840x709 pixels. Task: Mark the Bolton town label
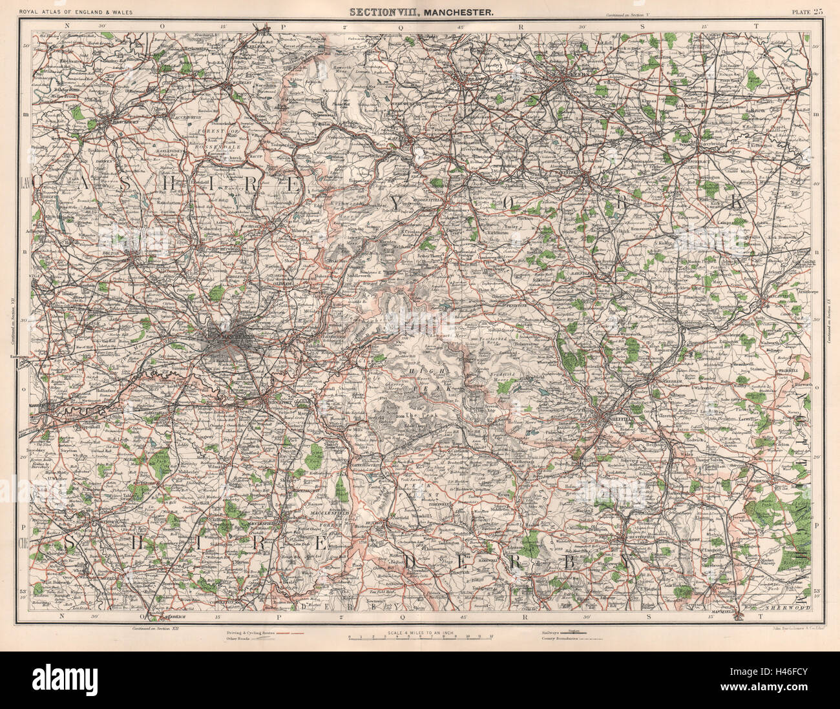(x=129, y=252)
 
